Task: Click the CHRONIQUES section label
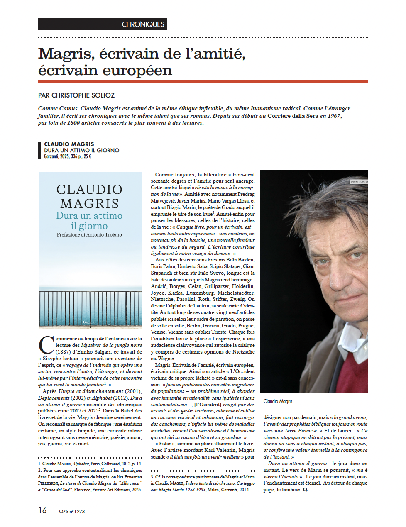pos(143,24)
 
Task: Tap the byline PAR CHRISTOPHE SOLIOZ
pos(76,95)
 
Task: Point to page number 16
pos(42,510)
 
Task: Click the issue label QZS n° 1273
pos(72,511)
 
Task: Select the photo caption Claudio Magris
pos(278,401)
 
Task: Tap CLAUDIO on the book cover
pos(89,190)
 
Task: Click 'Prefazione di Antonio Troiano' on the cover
pos(89,235)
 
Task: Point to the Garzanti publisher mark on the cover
pos(89,322)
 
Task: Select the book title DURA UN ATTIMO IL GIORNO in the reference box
pos(82,151)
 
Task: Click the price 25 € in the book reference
pos(87,156)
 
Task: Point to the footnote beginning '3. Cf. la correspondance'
pos(203,483)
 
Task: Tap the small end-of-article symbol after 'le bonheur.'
pos(305,490)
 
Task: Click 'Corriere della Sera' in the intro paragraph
pos(293,116)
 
